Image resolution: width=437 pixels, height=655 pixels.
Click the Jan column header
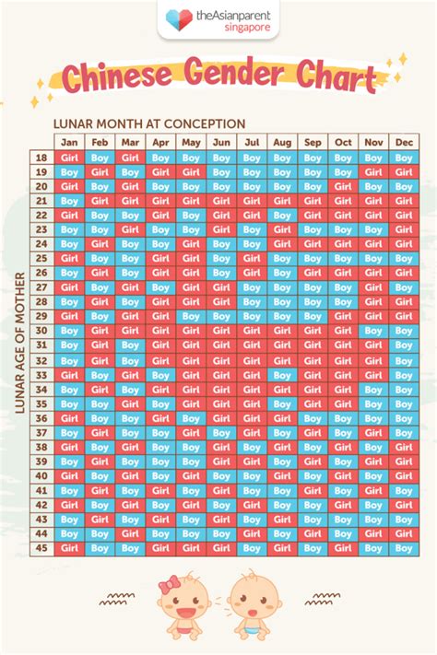tap(69, 143)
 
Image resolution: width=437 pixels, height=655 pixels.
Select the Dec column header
tap(404, 143)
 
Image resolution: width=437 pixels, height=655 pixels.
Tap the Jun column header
tap(221, 143)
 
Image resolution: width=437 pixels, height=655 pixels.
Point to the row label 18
tap(41, 158)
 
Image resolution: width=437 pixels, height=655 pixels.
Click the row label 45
tap(41, 548)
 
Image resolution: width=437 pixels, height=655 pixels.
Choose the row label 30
tap(41, 331)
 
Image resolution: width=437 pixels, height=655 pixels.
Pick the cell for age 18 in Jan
tap(69, 158)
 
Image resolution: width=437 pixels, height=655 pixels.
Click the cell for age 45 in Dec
tap(404, 548)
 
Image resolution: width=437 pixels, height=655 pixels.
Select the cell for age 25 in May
tap(191, 259)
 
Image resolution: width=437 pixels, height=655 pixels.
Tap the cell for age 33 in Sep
tap(313, 375)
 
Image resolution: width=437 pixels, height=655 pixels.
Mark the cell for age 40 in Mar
tap(130, 476)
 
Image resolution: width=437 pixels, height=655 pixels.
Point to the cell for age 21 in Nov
tap(373, 201)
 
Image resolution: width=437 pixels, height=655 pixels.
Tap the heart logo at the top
tap(175, 18)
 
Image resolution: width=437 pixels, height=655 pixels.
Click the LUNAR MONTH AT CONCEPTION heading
tap(149, 123)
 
